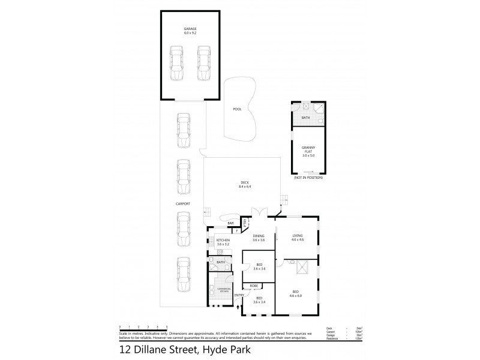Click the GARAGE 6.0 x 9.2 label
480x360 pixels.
(190, 30)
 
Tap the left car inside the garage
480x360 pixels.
(177, 65)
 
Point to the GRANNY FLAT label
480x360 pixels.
(308, 150)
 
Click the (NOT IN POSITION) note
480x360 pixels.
(308, 178)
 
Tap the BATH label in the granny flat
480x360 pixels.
(305, 118)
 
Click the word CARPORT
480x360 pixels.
(183, 204)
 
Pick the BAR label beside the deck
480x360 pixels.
(230, 224)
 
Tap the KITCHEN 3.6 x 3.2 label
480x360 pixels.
(223, 242)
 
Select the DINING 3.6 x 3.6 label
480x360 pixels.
(259, 238)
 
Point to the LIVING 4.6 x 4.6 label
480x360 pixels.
(298, 238)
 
